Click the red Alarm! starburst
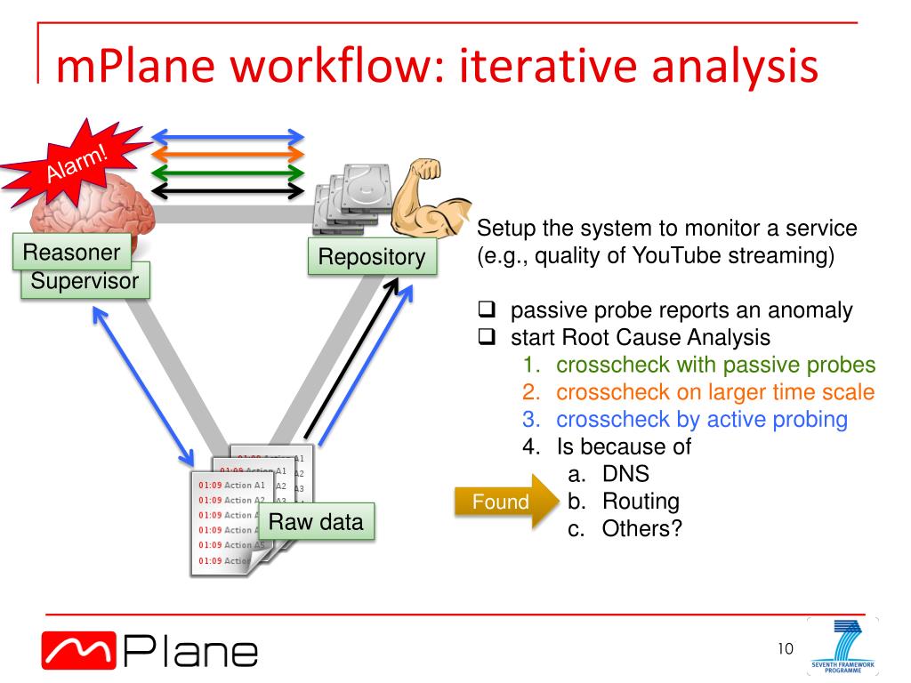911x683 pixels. pos(78,165)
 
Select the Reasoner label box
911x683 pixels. pos(71,253)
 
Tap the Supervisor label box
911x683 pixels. pos(85,282)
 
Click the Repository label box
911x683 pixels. pos(372,257)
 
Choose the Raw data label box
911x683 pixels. pos(316,522)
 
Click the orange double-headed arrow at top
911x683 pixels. pos(229,155)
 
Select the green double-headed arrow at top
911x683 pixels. pos(229,173)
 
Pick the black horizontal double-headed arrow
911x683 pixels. pos(229,190)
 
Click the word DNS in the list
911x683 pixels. pos(625,474)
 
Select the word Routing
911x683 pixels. pos(641,502)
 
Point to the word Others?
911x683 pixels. pos(641,528)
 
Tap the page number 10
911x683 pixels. pos(785,647)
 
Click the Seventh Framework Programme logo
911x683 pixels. pos(842,647)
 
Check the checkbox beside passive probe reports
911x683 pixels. pos(487,311)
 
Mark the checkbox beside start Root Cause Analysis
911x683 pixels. pos(487,338)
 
